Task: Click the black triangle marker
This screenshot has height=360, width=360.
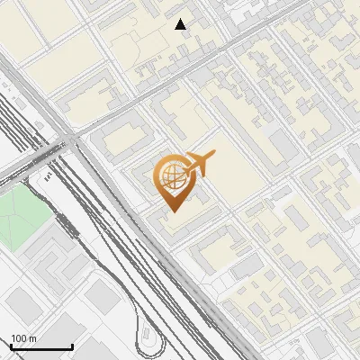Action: (x=181, y=24)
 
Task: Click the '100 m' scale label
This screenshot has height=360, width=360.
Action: (x=23, y=338)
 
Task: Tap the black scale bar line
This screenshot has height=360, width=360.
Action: (x=41, y=347)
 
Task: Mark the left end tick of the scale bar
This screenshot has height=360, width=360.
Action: (x=11, y=346)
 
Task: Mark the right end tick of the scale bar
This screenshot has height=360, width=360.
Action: (x=72, y=346)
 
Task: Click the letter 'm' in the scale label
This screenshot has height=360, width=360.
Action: (x=32, y=338)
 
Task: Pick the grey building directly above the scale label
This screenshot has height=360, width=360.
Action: (x=24, y=306)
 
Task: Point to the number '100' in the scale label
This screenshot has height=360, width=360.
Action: (x=19, y=338)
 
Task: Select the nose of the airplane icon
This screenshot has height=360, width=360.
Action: (x=213, y=157)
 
